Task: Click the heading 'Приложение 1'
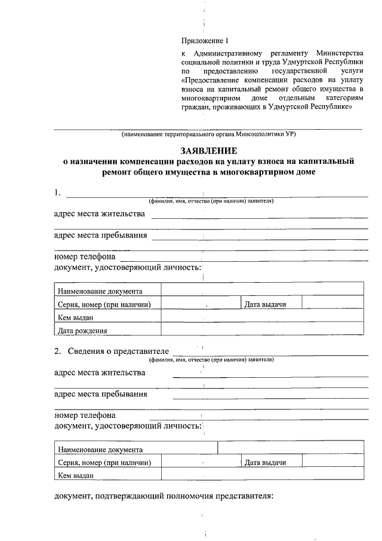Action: pyautogui.click(x=205, y=41)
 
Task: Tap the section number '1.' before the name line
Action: pyautogui.click(x=57, y=193)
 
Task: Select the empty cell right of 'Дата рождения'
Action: pyautogui.click(x=262, y=330)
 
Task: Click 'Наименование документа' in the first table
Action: pyautogui.click(x=100, y=291)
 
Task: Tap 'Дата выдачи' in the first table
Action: pyautogui.click(x=265, y=304)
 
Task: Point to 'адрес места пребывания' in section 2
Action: pyautogui.click(x=100, y=394)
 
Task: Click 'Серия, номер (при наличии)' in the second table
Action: pyautogui.click(x=103, y=463)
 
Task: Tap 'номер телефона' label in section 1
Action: pyautogui.click(x=85, y=257)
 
